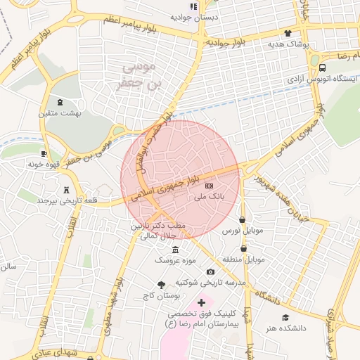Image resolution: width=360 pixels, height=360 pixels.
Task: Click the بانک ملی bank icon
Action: [x=209, y=185]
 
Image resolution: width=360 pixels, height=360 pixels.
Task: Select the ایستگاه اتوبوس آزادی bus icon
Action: [x=322, y=68]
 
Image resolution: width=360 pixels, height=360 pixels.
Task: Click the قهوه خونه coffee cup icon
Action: [x=44, y=153]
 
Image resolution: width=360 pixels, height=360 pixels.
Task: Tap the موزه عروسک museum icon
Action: [x=175, y=250]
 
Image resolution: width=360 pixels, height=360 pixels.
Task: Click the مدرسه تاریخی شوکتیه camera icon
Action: [x=210, y=272]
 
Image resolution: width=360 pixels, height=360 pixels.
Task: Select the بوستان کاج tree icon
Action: [x=162, y=285]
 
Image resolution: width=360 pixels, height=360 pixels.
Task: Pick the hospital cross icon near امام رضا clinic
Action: [x=201, y=302]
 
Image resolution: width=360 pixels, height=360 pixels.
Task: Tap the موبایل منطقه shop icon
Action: [x=244, y=248]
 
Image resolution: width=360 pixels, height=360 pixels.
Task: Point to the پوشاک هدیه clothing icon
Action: [x=288, y=33]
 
